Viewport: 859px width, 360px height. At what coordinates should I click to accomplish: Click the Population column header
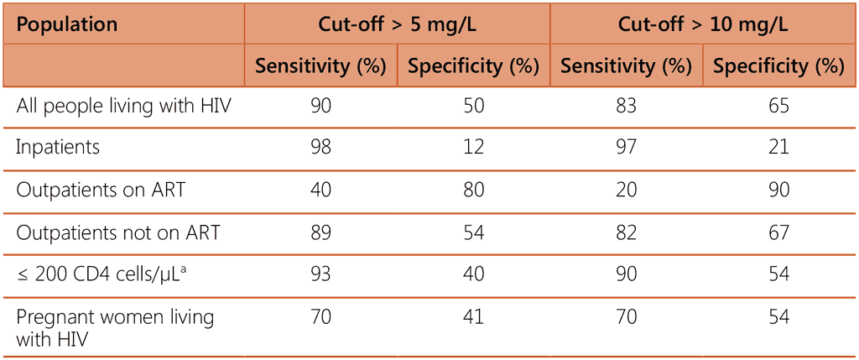point(66,24)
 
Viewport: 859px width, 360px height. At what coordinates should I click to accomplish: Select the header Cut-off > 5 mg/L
point(397,24)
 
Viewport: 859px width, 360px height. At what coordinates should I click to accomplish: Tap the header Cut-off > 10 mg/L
point(703,24)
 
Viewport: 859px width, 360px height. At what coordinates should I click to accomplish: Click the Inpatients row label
point(58,148)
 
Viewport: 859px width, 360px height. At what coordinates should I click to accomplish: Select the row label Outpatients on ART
point(101,190)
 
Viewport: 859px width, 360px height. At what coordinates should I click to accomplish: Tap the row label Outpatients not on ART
point(117,232)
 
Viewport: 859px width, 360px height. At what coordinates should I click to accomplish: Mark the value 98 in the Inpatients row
point(320,148)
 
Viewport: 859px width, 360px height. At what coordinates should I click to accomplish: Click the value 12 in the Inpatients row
point(473,148)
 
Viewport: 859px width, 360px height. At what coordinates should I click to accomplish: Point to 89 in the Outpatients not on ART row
point(320,232)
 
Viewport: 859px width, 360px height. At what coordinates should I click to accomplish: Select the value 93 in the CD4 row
point(320,274)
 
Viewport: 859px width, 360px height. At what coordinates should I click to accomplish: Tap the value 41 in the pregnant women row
point(473,317)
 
